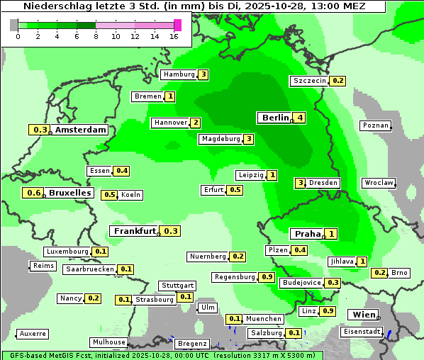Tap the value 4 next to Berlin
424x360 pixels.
coord(300,118)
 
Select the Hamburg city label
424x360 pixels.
coord(179,74)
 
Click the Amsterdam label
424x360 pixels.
coord(81,130)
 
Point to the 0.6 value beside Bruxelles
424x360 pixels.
coord(33,193)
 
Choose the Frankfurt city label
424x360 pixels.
coord(135,231)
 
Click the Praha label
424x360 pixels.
coord(308,234)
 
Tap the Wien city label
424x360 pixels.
coord(362,315)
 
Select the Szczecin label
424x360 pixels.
coord(310,81)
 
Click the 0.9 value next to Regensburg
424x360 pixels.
coord(267,277)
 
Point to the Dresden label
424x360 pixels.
coord(323,183)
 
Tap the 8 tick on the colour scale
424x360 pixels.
coord(96,36)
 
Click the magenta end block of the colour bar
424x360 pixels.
coord(177,25)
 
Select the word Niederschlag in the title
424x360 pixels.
coord(52,6)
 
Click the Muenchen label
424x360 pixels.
coord(264,319)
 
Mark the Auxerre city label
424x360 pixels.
coord(33,333)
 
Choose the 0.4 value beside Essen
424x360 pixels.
coord(121,171)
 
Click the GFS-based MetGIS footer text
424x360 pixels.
coord(57,355)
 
